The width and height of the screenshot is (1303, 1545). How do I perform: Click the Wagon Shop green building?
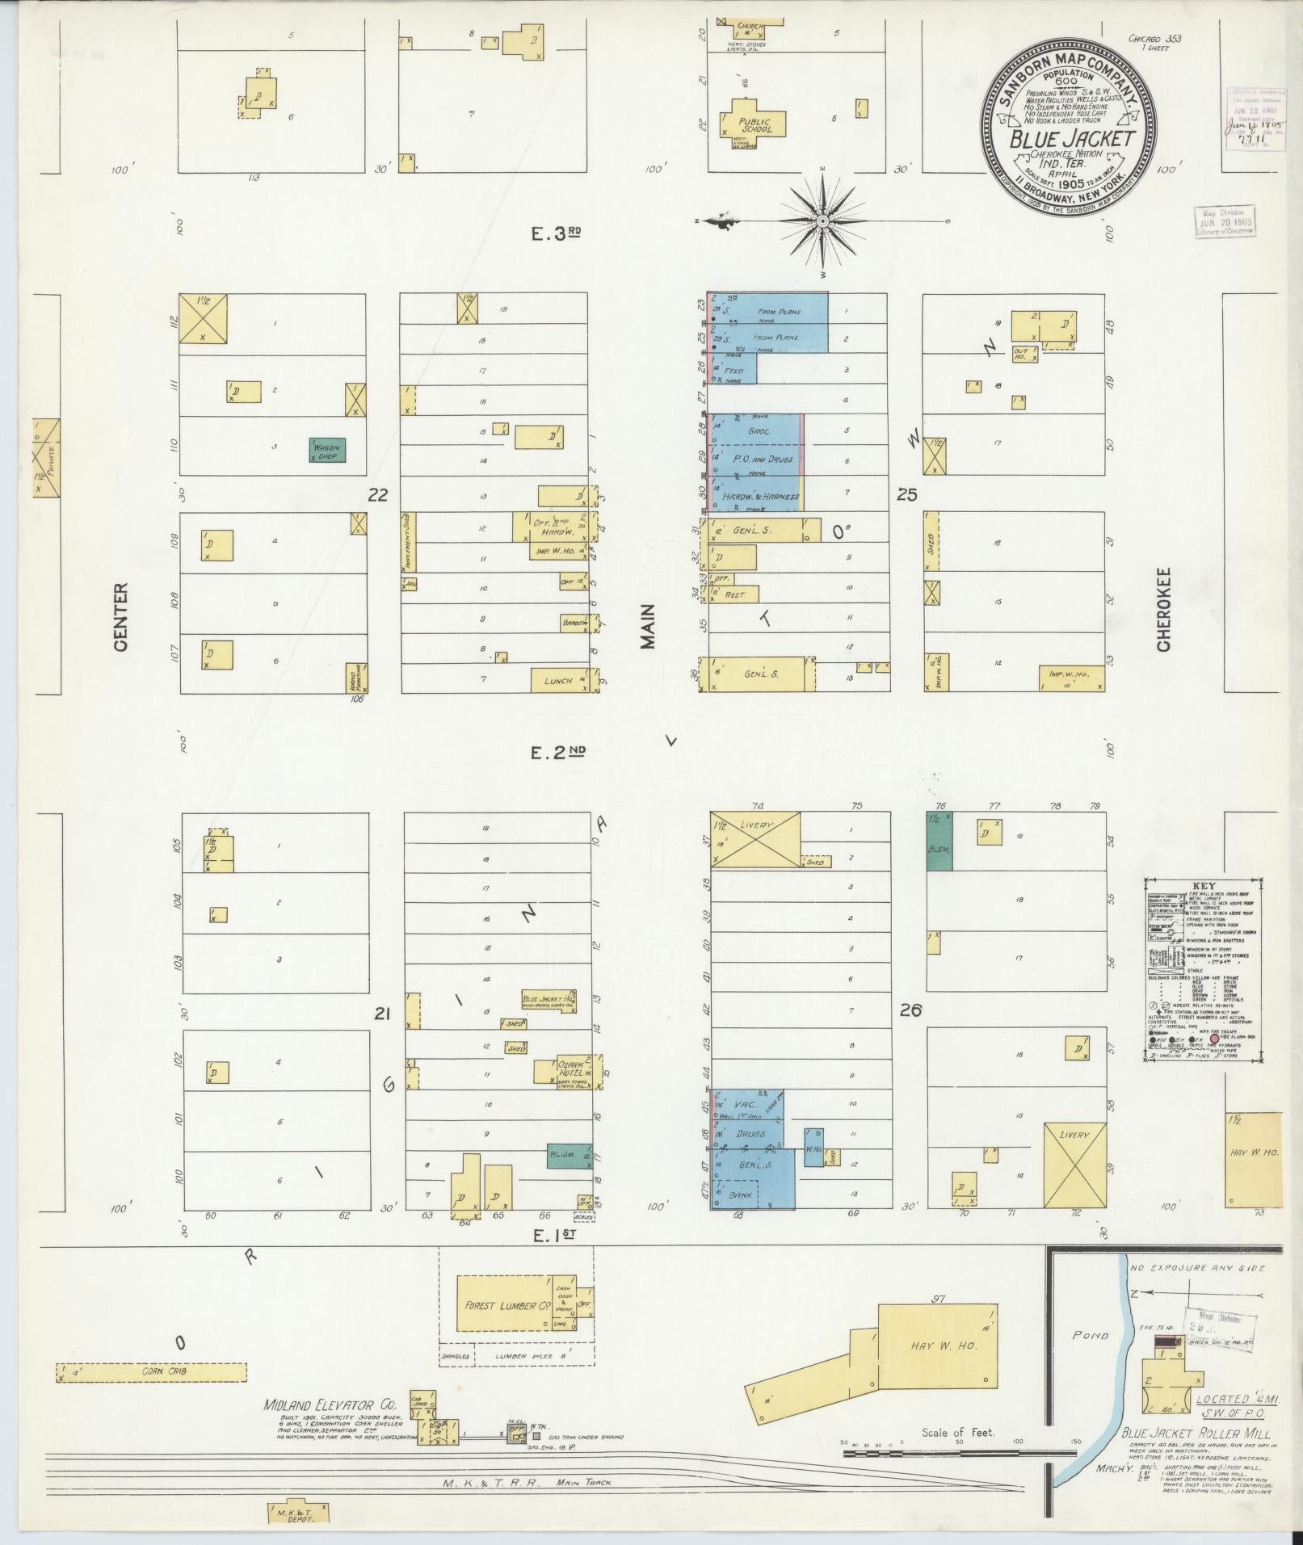coord(328,449)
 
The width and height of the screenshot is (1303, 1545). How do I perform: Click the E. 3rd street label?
coord(556,233)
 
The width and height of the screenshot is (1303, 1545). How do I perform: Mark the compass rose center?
coord(822,220)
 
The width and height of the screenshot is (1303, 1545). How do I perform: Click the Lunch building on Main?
coord(558,680)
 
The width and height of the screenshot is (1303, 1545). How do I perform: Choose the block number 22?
coord(377,494)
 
